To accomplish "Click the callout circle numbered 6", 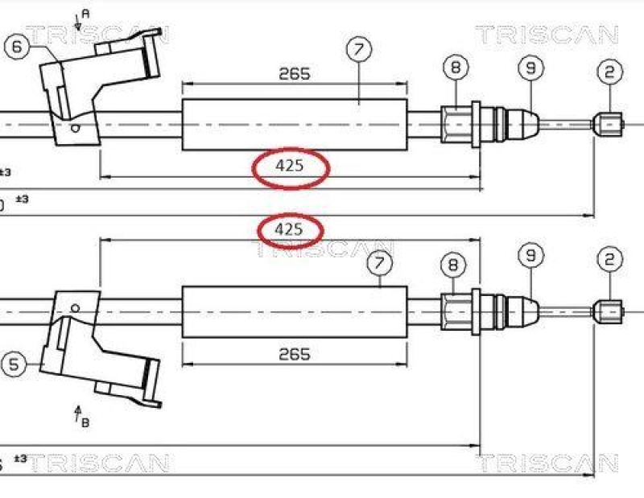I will point(18,47).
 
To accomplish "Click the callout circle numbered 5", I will point(14,364).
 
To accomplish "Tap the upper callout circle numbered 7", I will point(359,50).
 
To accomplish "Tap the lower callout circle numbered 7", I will point(380,262).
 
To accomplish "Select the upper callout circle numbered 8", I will point(455,68).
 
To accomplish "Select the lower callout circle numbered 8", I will point(454,263).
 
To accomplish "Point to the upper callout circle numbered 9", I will point(530,68).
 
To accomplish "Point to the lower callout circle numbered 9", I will point(530,257).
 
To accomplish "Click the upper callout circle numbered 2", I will point(609,72).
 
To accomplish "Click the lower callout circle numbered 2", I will point(609,259).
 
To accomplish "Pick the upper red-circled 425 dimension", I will point(290,167).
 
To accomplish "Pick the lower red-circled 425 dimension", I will point(289,230).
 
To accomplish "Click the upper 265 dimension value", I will point(295,74).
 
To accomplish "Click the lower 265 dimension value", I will point(295,354).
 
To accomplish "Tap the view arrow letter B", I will point(85,424).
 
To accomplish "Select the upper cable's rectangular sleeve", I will point(295,124).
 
